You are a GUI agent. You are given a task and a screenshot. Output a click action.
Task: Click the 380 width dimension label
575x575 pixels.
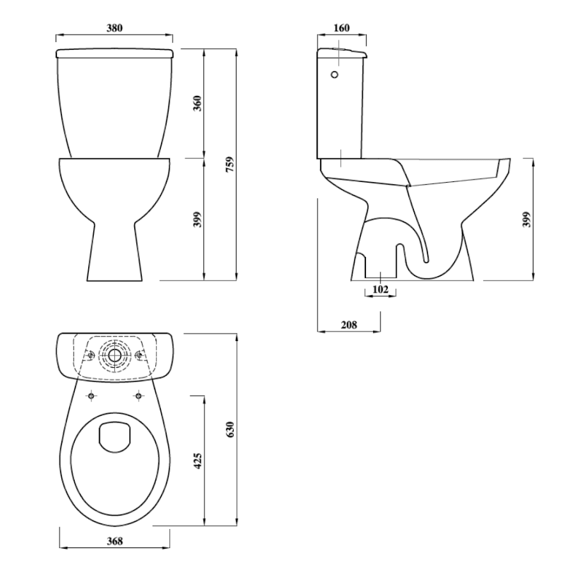tap(114, 28)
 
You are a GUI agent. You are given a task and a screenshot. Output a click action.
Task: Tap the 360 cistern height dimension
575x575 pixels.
tap(197, 103)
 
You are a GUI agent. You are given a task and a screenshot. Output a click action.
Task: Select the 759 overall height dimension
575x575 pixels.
tap(229, 165)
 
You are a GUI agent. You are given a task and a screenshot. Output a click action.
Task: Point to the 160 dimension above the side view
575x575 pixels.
tap(342, 28)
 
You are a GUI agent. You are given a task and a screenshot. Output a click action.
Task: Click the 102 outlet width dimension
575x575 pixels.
tap(380, 289)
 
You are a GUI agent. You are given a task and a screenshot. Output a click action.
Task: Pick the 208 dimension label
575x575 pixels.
tap(349, 325)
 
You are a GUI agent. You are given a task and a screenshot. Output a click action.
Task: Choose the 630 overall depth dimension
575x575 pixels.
tap(230, 429)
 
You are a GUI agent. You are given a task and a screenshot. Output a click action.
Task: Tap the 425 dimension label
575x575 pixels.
tap(197, 461)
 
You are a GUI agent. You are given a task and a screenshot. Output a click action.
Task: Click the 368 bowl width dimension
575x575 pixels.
tap(115, 541)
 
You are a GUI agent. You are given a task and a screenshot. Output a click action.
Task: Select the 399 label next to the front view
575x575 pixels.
tap(197, 219)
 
